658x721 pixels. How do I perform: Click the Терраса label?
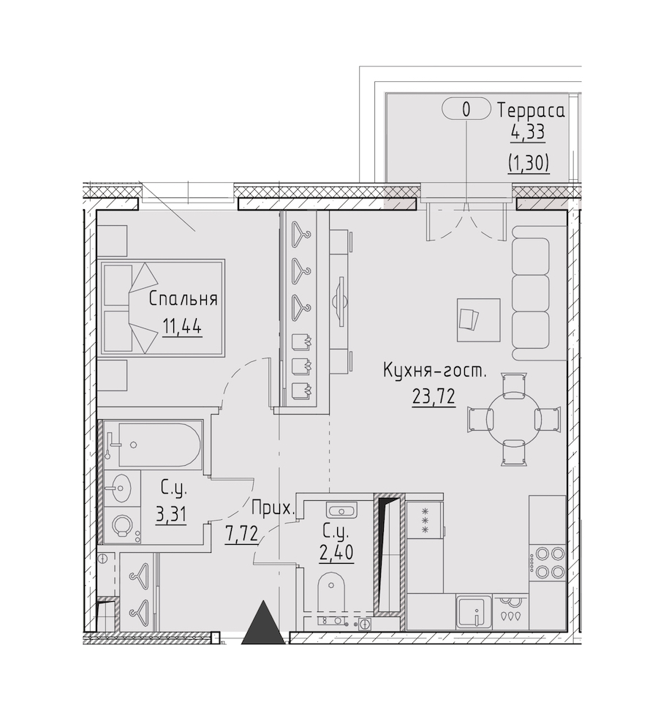click(x=531, y=110)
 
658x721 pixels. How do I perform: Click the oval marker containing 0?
click(x=466, y=110)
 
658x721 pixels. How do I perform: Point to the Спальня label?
click(x=183, y=299)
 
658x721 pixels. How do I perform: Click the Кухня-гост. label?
click(x=434, y=371)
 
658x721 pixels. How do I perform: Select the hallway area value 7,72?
click(x=241, y=536)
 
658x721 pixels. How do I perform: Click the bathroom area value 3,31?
click(x=171, y=516)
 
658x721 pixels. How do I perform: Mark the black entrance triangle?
click(x=263, y=622)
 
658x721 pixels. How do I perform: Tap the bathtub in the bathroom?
click(x=152, y=445)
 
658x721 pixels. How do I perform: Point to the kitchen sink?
click(x=474, y=611)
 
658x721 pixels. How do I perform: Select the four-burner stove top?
click(x=547, y=562)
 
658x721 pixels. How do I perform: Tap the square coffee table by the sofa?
click(x=478, y=320)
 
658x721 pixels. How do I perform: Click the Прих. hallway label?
click(x=273, y=509)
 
